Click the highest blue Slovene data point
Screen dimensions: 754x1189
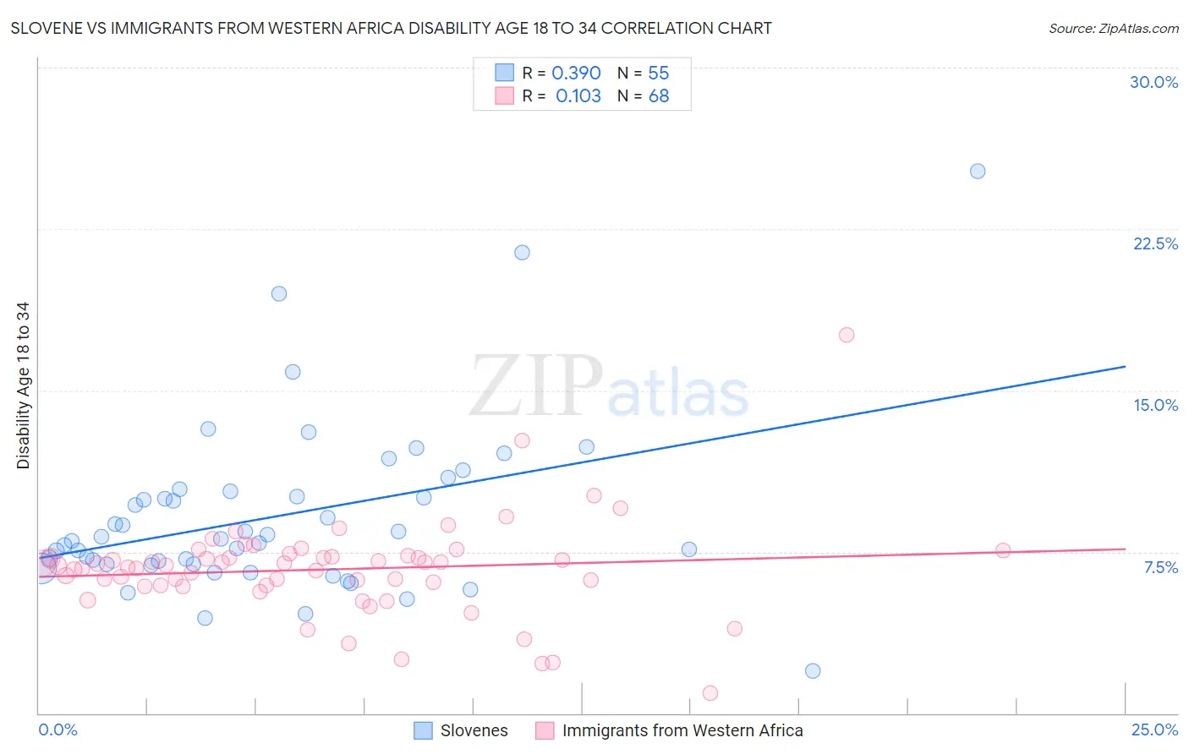[x=978, y=171]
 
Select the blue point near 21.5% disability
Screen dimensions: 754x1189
[x=522, y=253]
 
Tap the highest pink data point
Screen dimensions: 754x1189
[x=847, y=335]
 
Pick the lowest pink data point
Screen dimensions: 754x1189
[x=710, y=693]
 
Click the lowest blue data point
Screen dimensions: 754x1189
[x=813, y=671]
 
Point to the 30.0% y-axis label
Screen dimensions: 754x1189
[x=1153, y=82]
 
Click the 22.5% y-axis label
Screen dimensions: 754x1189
[x=1155, y=243]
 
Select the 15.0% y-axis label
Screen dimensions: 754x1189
[x=1155, y=405]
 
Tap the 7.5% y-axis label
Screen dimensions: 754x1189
[x=1160, y=567]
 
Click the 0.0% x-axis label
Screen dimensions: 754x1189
[x=58, y=729]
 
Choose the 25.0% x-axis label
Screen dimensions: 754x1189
[x=1154, y=729]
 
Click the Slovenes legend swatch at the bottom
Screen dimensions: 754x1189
[x=423, y=730]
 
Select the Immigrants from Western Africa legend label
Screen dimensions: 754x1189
[x=682, y=730]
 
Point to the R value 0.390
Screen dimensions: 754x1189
[x=576, y=74]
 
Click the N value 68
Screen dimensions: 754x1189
[x=659, y=96]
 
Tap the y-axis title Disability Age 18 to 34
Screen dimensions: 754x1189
[x=23, y=385]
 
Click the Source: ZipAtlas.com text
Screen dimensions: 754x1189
[x=1113, y=29]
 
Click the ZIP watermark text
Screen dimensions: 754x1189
[x=536, y=386]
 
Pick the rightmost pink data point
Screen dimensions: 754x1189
[x=1003, y=550]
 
